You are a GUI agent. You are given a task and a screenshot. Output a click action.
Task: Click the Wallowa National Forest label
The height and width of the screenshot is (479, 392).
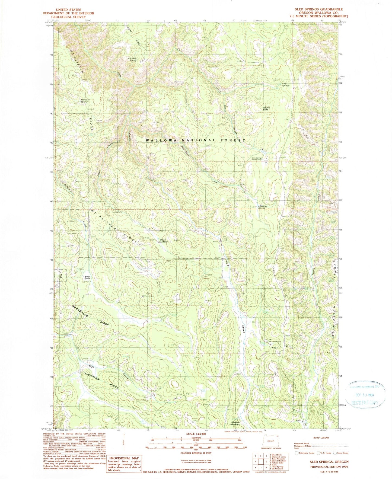click(196, 140)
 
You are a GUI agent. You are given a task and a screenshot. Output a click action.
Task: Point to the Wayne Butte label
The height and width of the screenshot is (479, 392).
click(266, 108)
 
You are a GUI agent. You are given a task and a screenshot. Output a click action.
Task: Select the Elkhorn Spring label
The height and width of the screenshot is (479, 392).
click(132, 59)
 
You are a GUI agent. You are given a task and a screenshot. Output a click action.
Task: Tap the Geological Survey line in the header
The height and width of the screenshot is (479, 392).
click(68, 17)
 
